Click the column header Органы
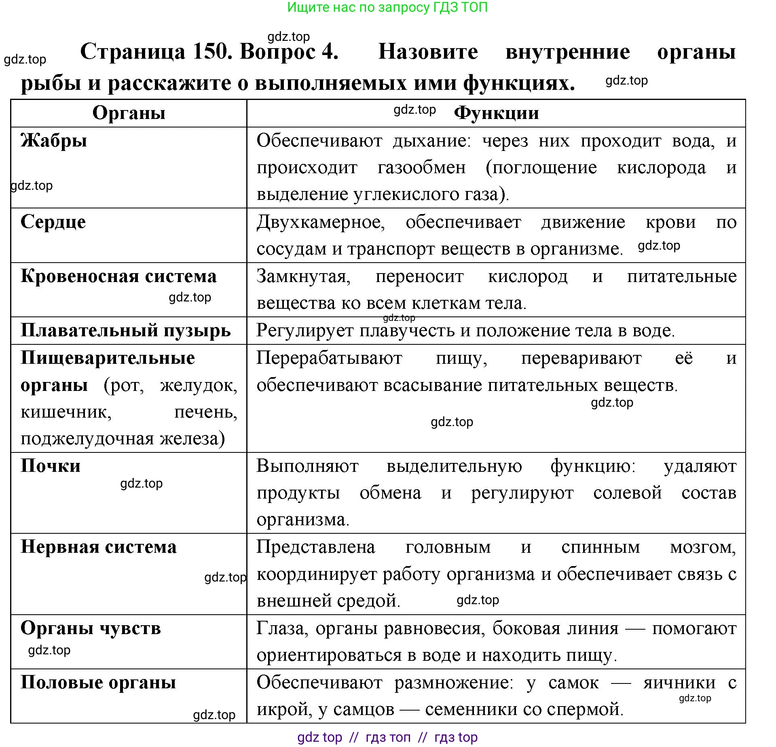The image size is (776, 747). point(129,113)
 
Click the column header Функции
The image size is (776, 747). point(496,113)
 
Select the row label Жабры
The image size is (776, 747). point(54,141)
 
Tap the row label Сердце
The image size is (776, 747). point(53,222)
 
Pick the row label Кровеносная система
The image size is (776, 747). point(118,276)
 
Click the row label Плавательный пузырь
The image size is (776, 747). point(125,330)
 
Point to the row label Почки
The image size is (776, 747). point(51,466)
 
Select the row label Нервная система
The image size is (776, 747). point(99,547)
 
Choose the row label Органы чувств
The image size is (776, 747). point(91,628)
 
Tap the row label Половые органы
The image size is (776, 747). point(98,682)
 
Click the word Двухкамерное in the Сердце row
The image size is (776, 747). point(321,222)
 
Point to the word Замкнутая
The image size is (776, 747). point(303,276)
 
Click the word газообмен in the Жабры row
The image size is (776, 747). point(421,168)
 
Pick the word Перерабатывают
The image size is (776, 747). point(329,358)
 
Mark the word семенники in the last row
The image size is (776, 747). point(471,709)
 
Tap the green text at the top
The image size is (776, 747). point(387,7)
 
